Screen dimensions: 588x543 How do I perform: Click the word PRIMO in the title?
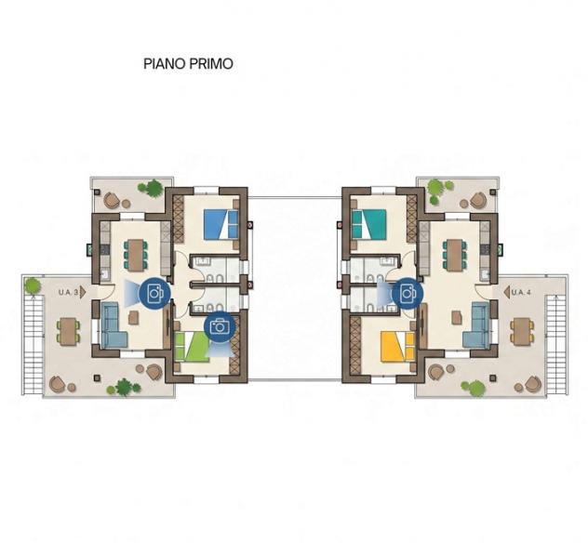pos(211,64)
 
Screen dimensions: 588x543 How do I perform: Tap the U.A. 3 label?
pos(68,292)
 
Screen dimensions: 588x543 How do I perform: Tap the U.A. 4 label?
pos(521,292)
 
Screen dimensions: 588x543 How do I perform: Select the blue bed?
pos(220,224)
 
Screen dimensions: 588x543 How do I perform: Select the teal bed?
pos(369,224)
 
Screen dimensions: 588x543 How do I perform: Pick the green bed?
pos(193,347)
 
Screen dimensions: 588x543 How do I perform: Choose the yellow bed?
pos(397,347)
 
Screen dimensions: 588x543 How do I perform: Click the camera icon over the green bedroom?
pos(220,326)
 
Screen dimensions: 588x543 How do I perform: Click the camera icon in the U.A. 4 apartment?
pos(408,294)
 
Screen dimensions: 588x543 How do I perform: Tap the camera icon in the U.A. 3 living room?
pos(154,294)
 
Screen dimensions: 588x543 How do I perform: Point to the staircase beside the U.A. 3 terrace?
pos(33,344)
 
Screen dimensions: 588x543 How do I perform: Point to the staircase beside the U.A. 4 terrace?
pos(555,344)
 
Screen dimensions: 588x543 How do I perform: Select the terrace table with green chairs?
pos(68,331)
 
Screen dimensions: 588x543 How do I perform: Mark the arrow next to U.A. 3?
pos(83,292)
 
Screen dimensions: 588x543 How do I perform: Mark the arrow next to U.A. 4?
pos(507,292)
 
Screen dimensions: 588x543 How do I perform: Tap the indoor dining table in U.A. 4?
pos(454,255)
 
